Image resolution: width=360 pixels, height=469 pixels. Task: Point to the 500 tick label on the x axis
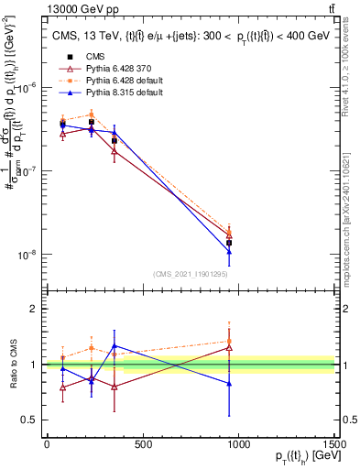click(x=142, y=445)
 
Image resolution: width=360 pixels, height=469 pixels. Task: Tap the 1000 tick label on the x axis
click(x=238, y=445)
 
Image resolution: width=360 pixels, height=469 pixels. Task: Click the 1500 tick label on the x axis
click(x=334, y=445)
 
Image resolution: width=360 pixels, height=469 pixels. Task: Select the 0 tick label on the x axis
click(x=47, y=445)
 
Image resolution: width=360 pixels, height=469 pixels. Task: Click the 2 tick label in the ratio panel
click(x=33, y=309)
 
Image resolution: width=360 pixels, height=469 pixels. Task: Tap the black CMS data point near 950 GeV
click(x=229, y=244)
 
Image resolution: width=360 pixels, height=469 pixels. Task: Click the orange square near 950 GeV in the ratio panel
click(x=229, y=341)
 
